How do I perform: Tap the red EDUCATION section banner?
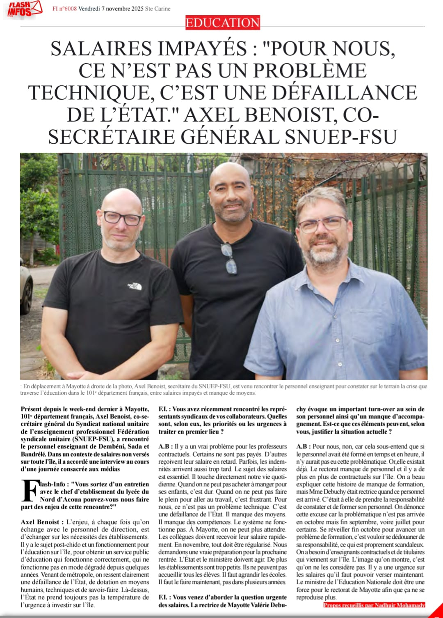coord(222,23)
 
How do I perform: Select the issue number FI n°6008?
coord(64,9)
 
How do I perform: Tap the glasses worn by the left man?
coord(122,218)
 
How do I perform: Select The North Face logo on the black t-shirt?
coord(134,286)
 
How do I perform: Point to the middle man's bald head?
coord(230,175)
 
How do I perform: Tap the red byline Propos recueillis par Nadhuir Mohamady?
coord(374,605)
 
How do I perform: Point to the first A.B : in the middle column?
coord(166,446)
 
